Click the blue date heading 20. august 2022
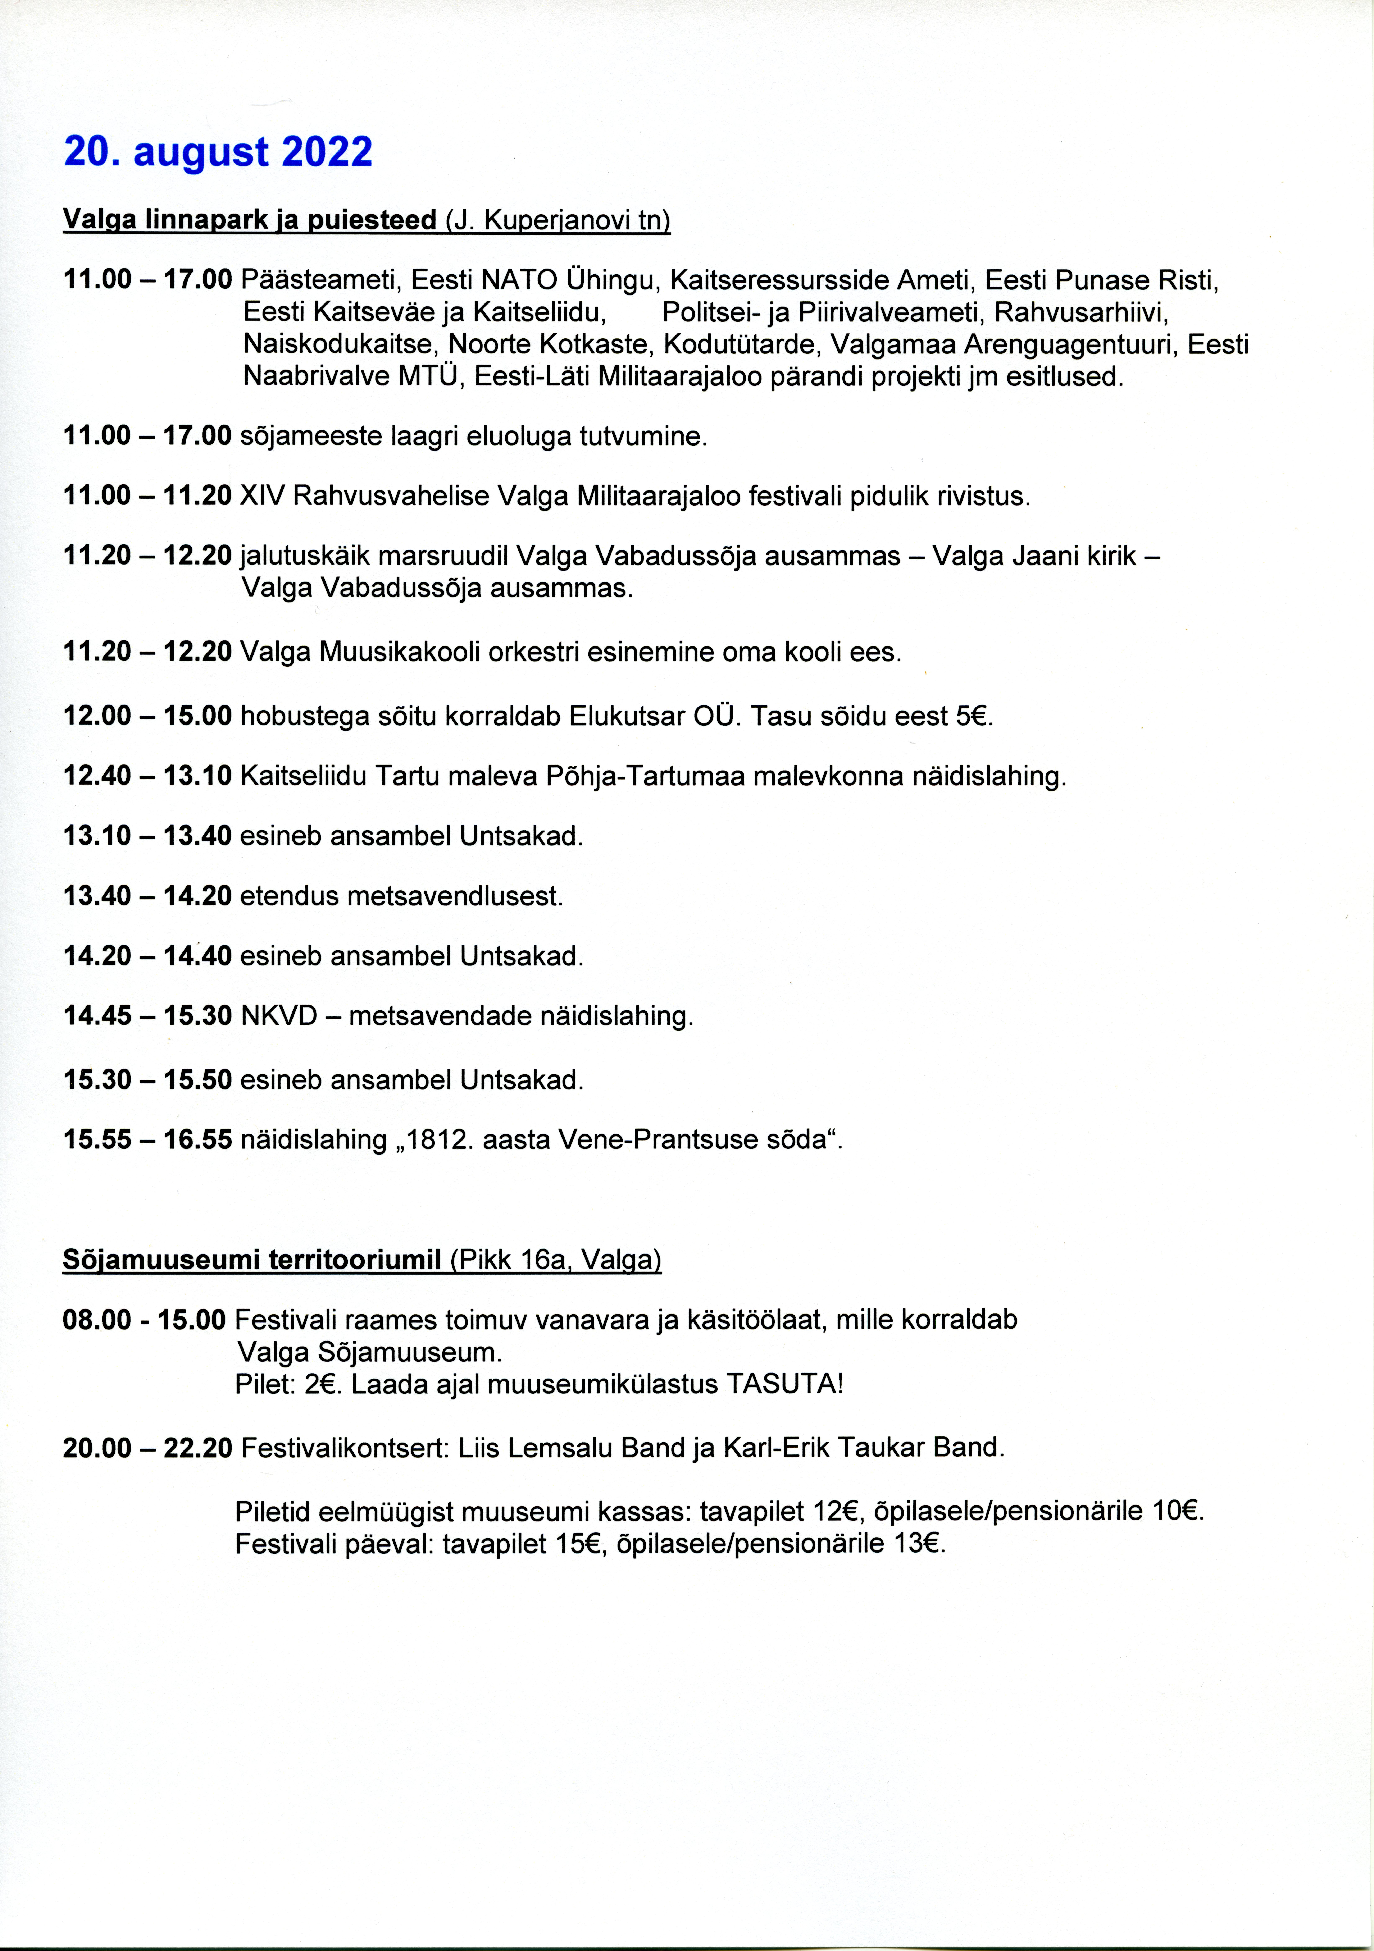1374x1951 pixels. (x=218, y=152)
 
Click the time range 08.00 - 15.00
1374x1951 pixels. (x=145, y=1320)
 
